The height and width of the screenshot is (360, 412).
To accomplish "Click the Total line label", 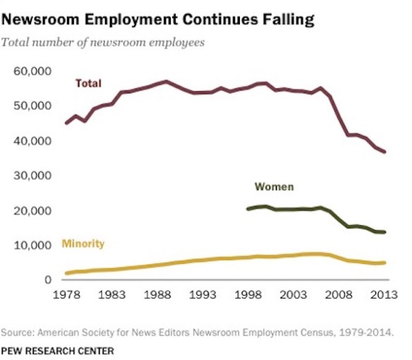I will pos(89,83).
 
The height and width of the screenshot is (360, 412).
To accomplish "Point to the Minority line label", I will pos(83,244).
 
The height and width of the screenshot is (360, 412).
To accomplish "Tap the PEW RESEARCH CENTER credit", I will pos(57,349).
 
